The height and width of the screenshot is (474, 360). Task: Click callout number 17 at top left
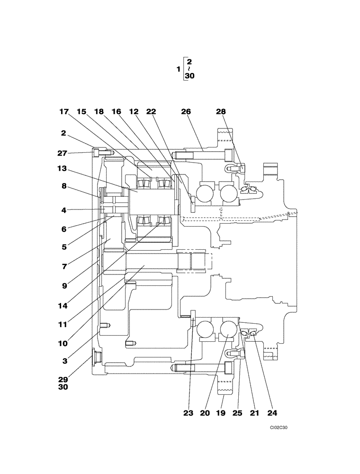click(64, 112)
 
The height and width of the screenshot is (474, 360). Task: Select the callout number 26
click(186, 112)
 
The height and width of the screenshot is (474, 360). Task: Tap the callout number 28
click(221, 112)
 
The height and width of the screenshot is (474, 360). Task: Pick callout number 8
click(64, 186)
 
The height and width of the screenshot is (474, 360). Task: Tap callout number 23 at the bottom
click(189, 413)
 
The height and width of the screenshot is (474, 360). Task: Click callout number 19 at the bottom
click(222, 413)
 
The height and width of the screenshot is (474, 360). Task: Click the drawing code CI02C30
click(279, 428)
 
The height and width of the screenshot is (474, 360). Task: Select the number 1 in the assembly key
click(178, 69)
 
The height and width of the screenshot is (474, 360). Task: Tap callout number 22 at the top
click(151, 112)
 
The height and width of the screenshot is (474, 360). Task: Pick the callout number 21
click(255, 413)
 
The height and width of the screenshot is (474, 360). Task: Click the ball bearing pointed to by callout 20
click(227, 330)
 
